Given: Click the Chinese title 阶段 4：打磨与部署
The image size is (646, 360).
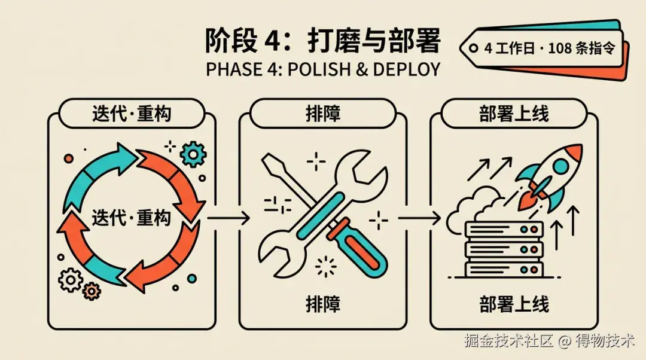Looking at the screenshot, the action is click(323, 41).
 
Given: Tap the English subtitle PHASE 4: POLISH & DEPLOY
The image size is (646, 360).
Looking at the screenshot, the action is click(323, 69).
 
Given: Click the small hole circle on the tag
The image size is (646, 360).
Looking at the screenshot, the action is click(474, 48).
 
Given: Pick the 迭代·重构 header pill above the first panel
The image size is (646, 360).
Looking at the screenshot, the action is click(132, 113).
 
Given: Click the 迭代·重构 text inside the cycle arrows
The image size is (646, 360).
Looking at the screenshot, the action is click(132, 217).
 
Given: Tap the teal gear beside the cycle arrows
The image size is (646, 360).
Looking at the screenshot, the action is click(193, 154).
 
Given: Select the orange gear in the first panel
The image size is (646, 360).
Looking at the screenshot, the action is click(92, 291).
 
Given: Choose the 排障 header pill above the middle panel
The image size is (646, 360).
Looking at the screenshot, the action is click(323, 113).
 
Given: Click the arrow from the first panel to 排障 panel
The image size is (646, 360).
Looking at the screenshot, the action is click(228, 218).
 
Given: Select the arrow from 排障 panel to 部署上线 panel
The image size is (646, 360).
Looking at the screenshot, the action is click(419, 218).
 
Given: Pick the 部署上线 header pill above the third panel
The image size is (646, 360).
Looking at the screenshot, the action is click(514, 113).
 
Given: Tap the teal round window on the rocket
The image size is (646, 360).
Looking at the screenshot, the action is click(560, 167).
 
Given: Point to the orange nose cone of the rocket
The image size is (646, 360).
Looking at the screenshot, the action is click(574, 152).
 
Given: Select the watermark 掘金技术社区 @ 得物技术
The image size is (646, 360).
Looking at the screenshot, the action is click(550, 341).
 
